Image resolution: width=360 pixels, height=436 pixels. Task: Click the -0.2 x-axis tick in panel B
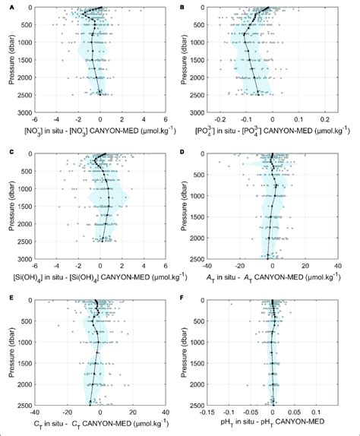[220, 120]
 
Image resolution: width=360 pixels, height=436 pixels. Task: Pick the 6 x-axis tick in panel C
[165, 265]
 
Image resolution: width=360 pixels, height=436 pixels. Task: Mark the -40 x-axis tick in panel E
[35, 411]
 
